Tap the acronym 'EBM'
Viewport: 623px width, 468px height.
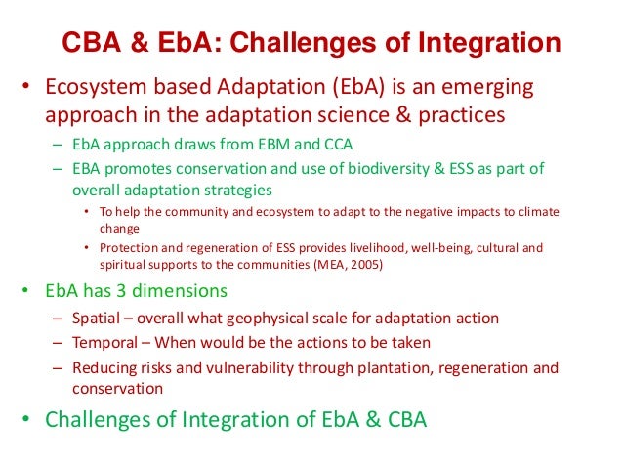(269, 144)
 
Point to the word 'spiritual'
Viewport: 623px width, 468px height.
(124, 264)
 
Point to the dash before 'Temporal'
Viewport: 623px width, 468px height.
(60, 343)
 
